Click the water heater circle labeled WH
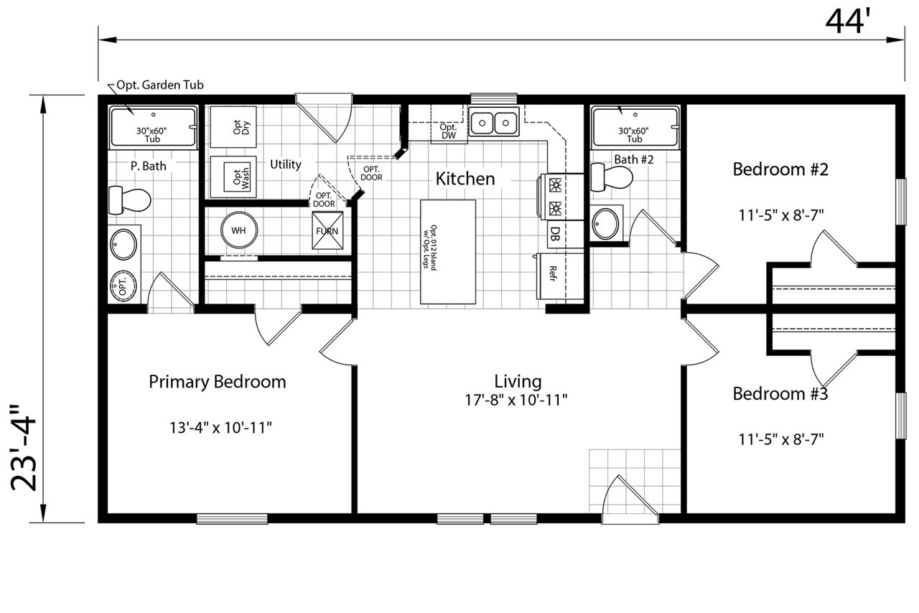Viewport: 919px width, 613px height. pyautogui.click(x=239, y=230)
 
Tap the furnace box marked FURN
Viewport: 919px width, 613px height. pyautogui.click(x=327, y=230)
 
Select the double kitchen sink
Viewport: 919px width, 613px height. pyautogui.click(x=494, y=122)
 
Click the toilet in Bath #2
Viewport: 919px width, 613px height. pyautogui.click(x=611, y=177)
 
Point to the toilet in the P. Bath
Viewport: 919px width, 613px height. pyautogui.click(x=130, y=200)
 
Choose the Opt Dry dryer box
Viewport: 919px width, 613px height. pyautogui.click(x=233, y=127)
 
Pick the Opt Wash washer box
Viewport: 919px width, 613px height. pyautogui.click(x=233, y=177)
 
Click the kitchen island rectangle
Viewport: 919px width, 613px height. pyautogui.click(x=448, y=252)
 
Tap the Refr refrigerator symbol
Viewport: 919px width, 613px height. pyautogui.click(x=559, y=276)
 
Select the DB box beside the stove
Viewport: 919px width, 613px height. pyautogui.click(x=565, y=234)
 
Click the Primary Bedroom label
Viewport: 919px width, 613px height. pyautogui.click(x=218, y=382)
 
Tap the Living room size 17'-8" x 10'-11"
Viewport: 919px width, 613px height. pyautogui.click(x=516, y=400)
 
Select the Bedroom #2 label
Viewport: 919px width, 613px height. pyautogui.click(x=780, y=169)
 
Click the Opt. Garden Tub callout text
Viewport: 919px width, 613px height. pyautogui.click(x=160, y=85)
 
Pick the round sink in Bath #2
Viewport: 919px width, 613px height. pyautogui.click(x=605, y=224)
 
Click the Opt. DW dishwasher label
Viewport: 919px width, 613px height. pyautogui.click(x=449, y=131)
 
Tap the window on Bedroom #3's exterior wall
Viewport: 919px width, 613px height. pyautogui.click(x=901, y=416)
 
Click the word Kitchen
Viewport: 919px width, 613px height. pyautogui.click(x=465, y=179)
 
